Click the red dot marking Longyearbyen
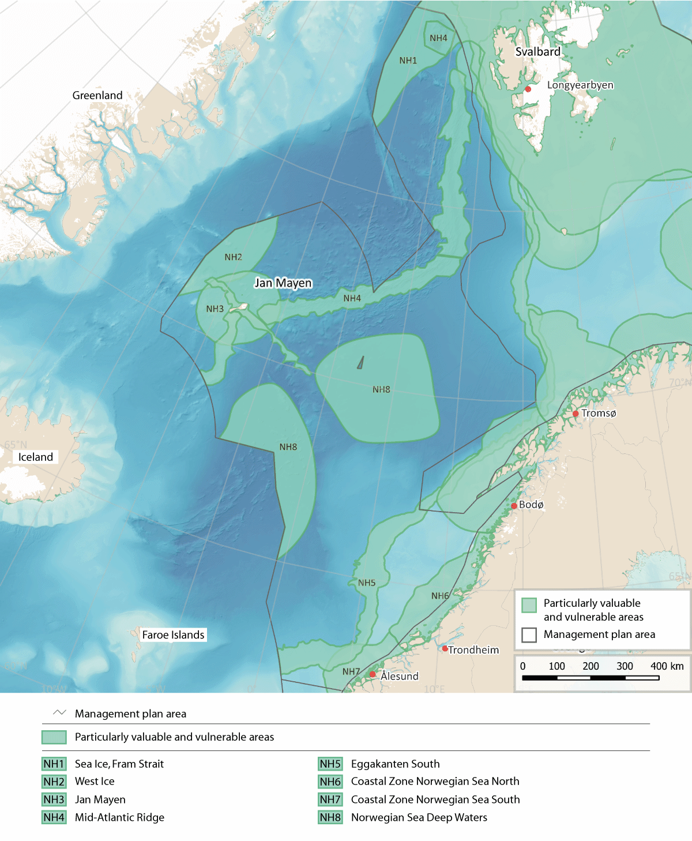(528, 89)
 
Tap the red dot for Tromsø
(576, 414)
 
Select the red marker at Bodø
(514, 506)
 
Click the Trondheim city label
(473, 650)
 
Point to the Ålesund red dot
(373, 674)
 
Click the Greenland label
(97, 95)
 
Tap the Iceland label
(36, 457)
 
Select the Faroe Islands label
(173, 634)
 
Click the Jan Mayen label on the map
(283, 283)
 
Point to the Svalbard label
(537, 52)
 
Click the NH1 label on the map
(408, 61)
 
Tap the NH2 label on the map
(233, 257)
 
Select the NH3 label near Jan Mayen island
(215, 309)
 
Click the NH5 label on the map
(366, 583)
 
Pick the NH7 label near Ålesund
(351, 671)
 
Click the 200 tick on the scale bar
(591, 666)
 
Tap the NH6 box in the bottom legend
(330, 782)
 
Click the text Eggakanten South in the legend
(395, 764)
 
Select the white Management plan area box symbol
(529, 634)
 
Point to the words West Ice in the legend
(95, 782)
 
